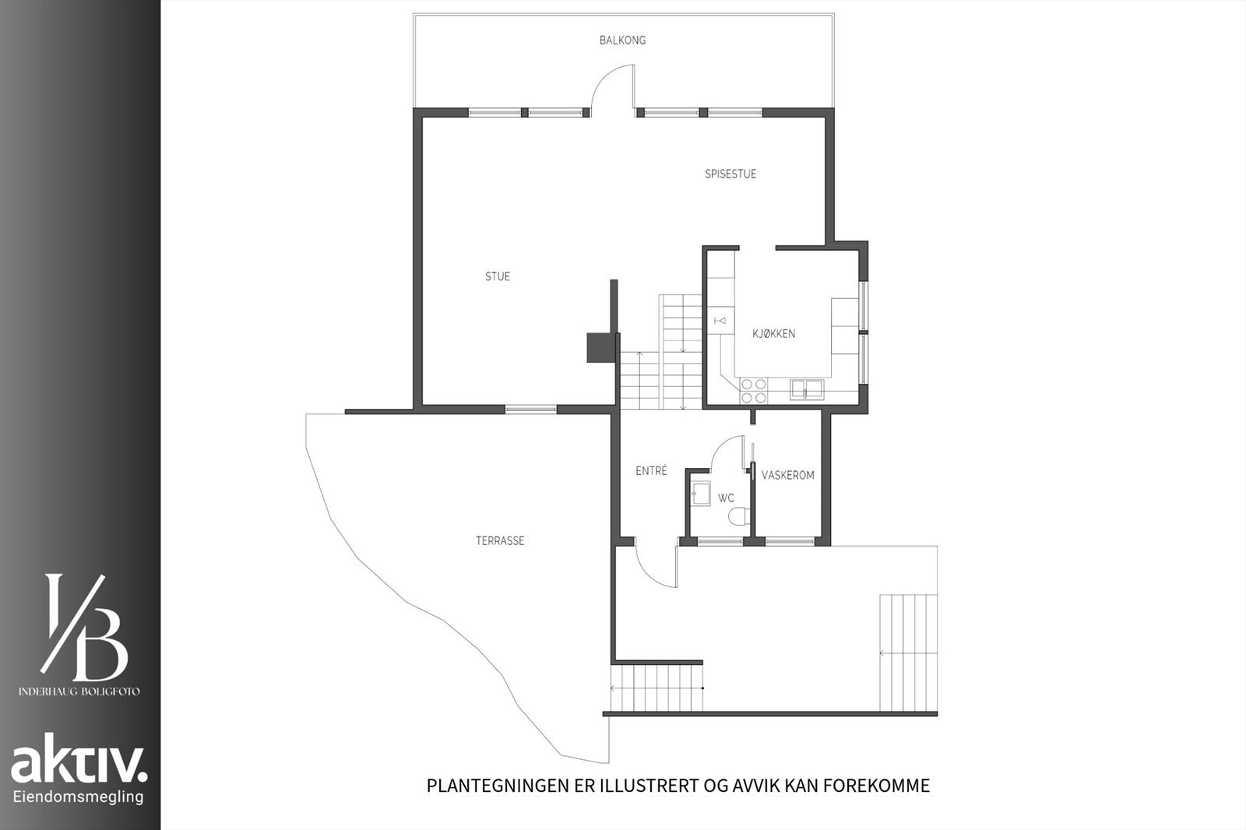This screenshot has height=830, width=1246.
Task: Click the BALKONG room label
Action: (x=622, y=40)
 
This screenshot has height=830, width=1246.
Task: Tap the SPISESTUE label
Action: (x=730, y=174)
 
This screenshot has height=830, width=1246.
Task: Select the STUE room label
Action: (x=498, y=277)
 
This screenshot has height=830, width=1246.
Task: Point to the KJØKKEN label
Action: (x=773, y=334)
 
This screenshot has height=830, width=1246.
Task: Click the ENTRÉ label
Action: (x=651, y=471)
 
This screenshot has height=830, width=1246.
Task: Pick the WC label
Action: (x=726, y=498)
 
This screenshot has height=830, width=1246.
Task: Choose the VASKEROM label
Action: (x=787, y=475)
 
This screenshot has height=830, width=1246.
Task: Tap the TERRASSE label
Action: (x=500, y=540)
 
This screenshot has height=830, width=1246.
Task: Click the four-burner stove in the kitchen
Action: (x=753, y=390)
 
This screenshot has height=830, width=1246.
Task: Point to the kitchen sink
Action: (x=807, y=388)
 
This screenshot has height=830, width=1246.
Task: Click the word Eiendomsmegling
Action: (x=79, y=797)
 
